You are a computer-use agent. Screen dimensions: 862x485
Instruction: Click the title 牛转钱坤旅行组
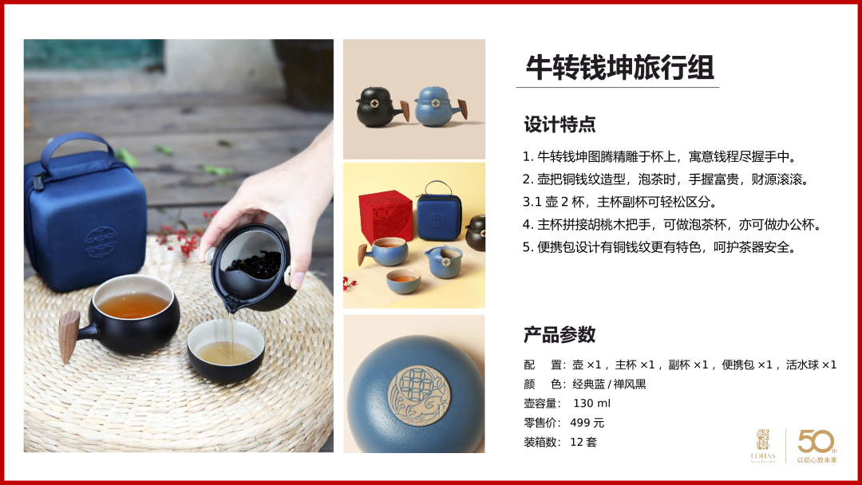click(619, 68)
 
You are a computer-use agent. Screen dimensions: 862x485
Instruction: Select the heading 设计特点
click(560, 124)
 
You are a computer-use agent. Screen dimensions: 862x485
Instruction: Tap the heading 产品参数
click(560, 334)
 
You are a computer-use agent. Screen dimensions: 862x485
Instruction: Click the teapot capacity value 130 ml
click(591, 403)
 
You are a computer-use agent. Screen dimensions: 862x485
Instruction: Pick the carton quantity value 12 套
click(583, 442)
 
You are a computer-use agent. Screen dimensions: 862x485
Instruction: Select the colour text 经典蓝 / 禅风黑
click(609, 384)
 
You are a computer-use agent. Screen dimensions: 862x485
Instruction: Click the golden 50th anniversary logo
click(817, 446)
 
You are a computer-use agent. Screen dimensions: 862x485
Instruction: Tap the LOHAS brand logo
click(763, 446)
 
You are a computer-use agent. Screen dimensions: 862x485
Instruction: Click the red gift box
click(385, 217)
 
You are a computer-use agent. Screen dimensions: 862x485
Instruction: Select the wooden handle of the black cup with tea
click(69, 336)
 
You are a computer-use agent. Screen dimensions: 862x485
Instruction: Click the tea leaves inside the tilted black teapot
click(254, 266)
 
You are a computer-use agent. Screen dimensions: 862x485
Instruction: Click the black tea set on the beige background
click(382, 107)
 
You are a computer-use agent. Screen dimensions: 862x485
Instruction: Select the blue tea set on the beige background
click(441, 106)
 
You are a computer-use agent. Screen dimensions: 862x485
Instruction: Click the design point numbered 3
click(620, 202)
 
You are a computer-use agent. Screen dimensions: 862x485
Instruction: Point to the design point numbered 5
click(660, 247)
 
